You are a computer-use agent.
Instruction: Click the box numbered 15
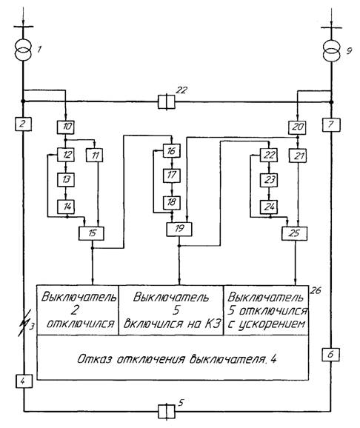[91, 233]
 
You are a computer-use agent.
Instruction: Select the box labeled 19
[179, 230]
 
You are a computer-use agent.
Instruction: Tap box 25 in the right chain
[295, 233]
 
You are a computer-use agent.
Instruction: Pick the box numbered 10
[65, 127]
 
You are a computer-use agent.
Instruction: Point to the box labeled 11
[95, 155]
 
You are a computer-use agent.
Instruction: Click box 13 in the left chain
[65, 180]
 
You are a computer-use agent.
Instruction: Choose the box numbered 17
[172, 175]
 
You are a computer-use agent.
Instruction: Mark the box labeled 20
[297, 127]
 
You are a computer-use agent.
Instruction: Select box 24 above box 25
[269, 207]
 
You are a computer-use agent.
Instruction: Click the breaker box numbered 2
[23, 124]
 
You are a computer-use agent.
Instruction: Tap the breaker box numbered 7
[331, 124]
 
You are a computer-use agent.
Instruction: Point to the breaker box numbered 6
[330, 354]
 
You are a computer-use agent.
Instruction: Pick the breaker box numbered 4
[24, 381]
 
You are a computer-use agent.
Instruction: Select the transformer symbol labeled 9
[332, 51]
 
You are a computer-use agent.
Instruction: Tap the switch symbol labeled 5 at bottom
[167, 412]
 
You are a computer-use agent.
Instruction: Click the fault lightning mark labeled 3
[24, 323]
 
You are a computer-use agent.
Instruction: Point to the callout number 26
[316, 291]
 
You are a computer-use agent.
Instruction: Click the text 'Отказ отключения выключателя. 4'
[177, 359]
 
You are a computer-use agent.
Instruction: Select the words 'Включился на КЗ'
[172, 324]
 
